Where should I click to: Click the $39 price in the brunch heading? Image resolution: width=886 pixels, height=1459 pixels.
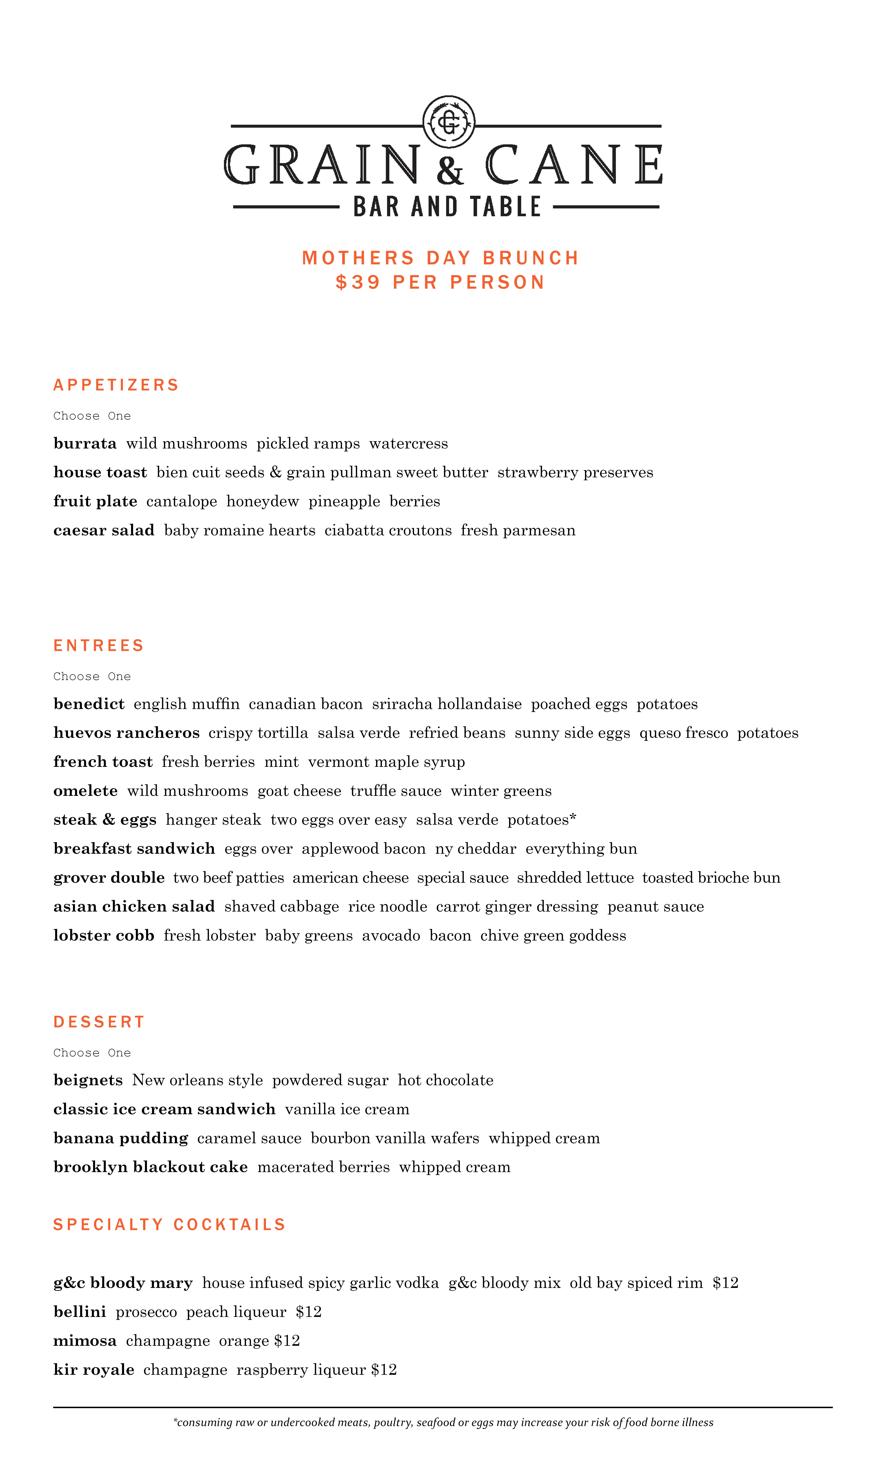click(358, 282)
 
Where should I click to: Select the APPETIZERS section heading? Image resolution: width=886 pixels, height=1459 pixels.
click(116, 385)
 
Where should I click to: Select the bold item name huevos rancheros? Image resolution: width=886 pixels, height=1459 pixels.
click(126, 733)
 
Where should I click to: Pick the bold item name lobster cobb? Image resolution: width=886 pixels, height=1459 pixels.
click(104, 935)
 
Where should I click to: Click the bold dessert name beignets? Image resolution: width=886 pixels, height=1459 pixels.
click(88, 1081)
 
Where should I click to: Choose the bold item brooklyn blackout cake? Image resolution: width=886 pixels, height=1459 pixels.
click(150, 1167)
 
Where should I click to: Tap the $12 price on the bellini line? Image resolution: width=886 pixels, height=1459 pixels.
click(309, 1312)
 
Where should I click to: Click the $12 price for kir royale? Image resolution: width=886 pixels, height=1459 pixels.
click(384, 1370)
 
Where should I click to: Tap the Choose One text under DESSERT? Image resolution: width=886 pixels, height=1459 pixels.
click(92, 1053)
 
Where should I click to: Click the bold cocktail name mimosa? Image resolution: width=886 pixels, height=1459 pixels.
click(85, 1341)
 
